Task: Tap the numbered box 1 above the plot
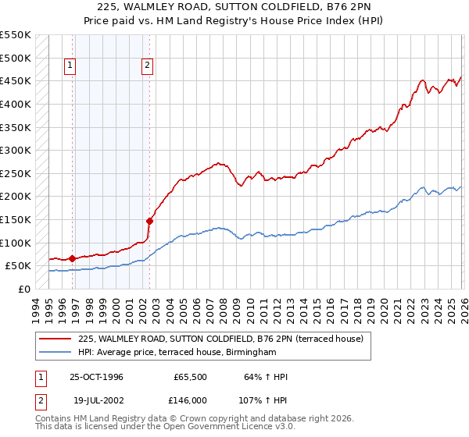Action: [x=70, y=66]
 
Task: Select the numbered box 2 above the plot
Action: [x=147, y=66]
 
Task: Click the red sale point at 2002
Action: [x=149, y=221]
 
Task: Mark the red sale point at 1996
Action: [x=73, y=258]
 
